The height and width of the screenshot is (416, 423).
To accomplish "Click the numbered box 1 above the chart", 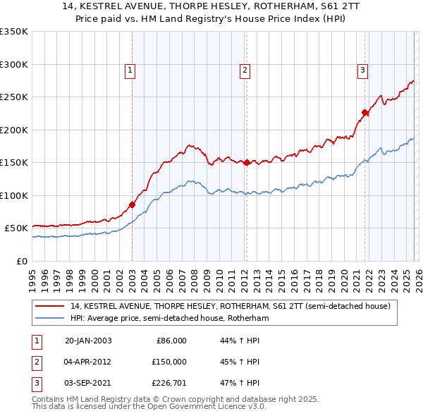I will click(131, 70).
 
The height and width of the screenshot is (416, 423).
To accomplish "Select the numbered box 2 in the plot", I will click(245, 70).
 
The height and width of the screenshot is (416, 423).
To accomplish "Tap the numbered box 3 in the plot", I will click(362, 70).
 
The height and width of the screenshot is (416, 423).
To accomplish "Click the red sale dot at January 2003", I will click(132, 204).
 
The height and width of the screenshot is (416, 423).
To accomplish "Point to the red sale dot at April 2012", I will click(246, 162).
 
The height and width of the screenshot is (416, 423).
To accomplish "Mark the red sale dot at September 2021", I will click(365, 112).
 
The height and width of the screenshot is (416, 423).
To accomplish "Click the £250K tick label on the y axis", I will click(14, 97).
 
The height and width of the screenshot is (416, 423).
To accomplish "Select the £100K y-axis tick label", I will click(14, 195).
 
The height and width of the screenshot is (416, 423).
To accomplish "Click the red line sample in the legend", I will click(50, 306).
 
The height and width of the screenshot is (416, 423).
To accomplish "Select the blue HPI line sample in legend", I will click(50, 318).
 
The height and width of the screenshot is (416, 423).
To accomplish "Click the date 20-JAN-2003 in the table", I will click(88, 341).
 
